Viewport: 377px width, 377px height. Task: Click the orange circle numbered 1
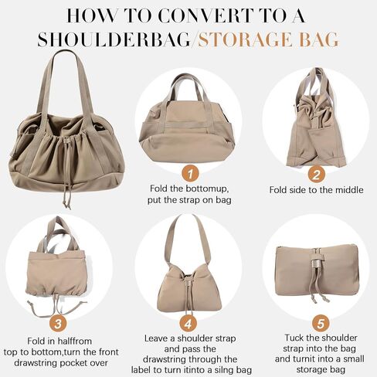(190, 174)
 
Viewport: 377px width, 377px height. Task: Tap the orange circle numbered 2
(316, 175)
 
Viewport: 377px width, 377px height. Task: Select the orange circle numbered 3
(58, 324)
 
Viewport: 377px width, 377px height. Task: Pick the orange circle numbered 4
(188, 324)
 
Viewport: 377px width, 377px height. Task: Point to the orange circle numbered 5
(321, 324)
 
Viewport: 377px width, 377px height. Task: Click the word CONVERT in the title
(203, 16)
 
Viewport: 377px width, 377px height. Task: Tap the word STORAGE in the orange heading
(244, 39)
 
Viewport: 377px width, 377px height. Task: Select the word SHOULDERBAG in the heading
(114, 39)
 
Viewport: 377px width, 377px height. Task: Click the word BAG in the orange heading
(318, 39)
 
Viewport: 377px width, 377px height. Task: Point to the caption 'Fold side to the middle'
(316, 190)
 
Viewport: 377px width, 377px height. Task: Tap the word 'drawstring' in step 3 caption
(36, 363)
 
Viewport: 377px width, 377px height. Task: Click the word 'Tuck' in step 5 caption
(295, 338)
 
